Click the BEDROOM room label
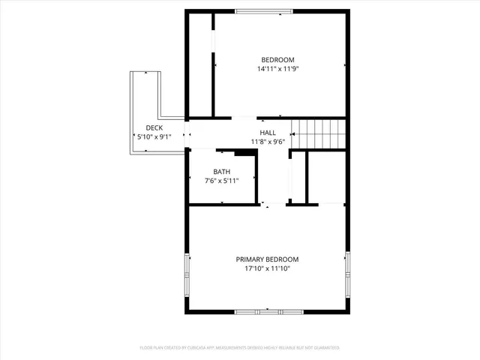pos(277,60)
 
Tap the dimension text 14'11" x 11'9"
pos(277,69)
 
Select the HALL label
pos(268,132)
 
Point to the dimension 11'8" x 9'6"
pos(268,141)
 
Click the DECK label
pos(154,128)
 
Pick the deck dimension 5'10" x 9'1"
pos(154,137)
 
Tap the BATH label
pos(221,171)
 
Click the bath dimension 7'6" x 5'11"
pos(221,180)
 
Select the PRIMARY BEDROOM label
pos(268,259)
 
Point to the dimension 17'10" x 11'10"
pos(268,268)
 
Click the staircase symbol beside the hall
pos(319,133)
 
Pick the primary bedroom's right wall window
pos(348,272)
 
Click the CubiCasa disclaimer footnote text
pos(240,348)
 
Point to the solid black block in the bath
pos(244,153)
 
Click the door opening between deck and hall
pos(187,135)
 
